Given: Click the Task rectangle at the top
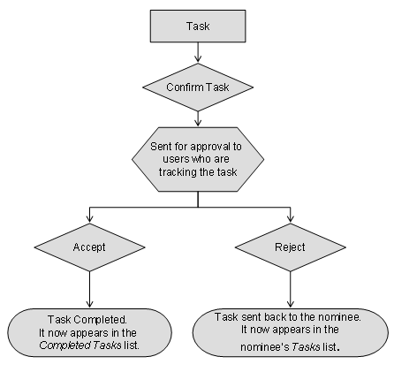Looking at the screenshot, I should click(x=198, y=27).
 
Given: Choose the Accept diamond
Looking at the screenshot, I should click(x=90, y=248).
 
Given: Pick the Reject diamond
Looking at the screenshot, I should click(x=290, y=248).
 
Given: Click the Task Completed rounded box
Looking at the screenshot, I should click(x=91, y=331).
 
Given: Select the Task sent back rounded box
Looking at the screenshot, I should click(x=289, y=331).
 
